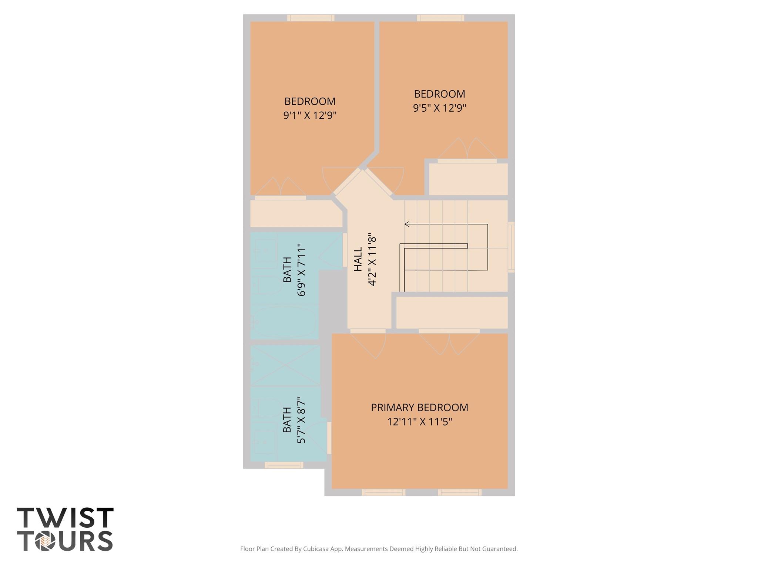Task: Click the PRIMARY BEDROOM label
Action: click(419, 408)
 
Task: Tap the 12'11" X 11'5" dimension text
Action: click(419, 422)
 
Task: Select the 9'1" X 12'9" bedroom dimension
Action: click(310, 116)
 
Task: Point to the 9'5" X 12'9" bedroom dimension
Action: click(439, 108)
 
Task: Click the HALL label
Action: click(358, 260)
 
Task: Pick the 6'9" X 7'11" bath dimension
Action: click(302, 270)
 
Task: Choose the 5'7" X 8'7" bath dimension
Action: click(302, 420)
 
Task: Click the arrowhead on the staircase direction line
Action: click(407, 224)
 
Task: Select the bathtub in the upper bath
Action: click(284, 322)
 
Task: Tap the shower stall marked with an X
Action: click(285, 365)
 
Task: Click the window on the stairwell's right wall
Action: click(511, 247)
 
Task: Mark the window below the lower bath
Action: click(284, 465)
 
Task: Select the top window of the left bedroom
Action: click(311, 18)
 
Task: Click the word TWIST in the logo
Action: click(65, 518)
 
